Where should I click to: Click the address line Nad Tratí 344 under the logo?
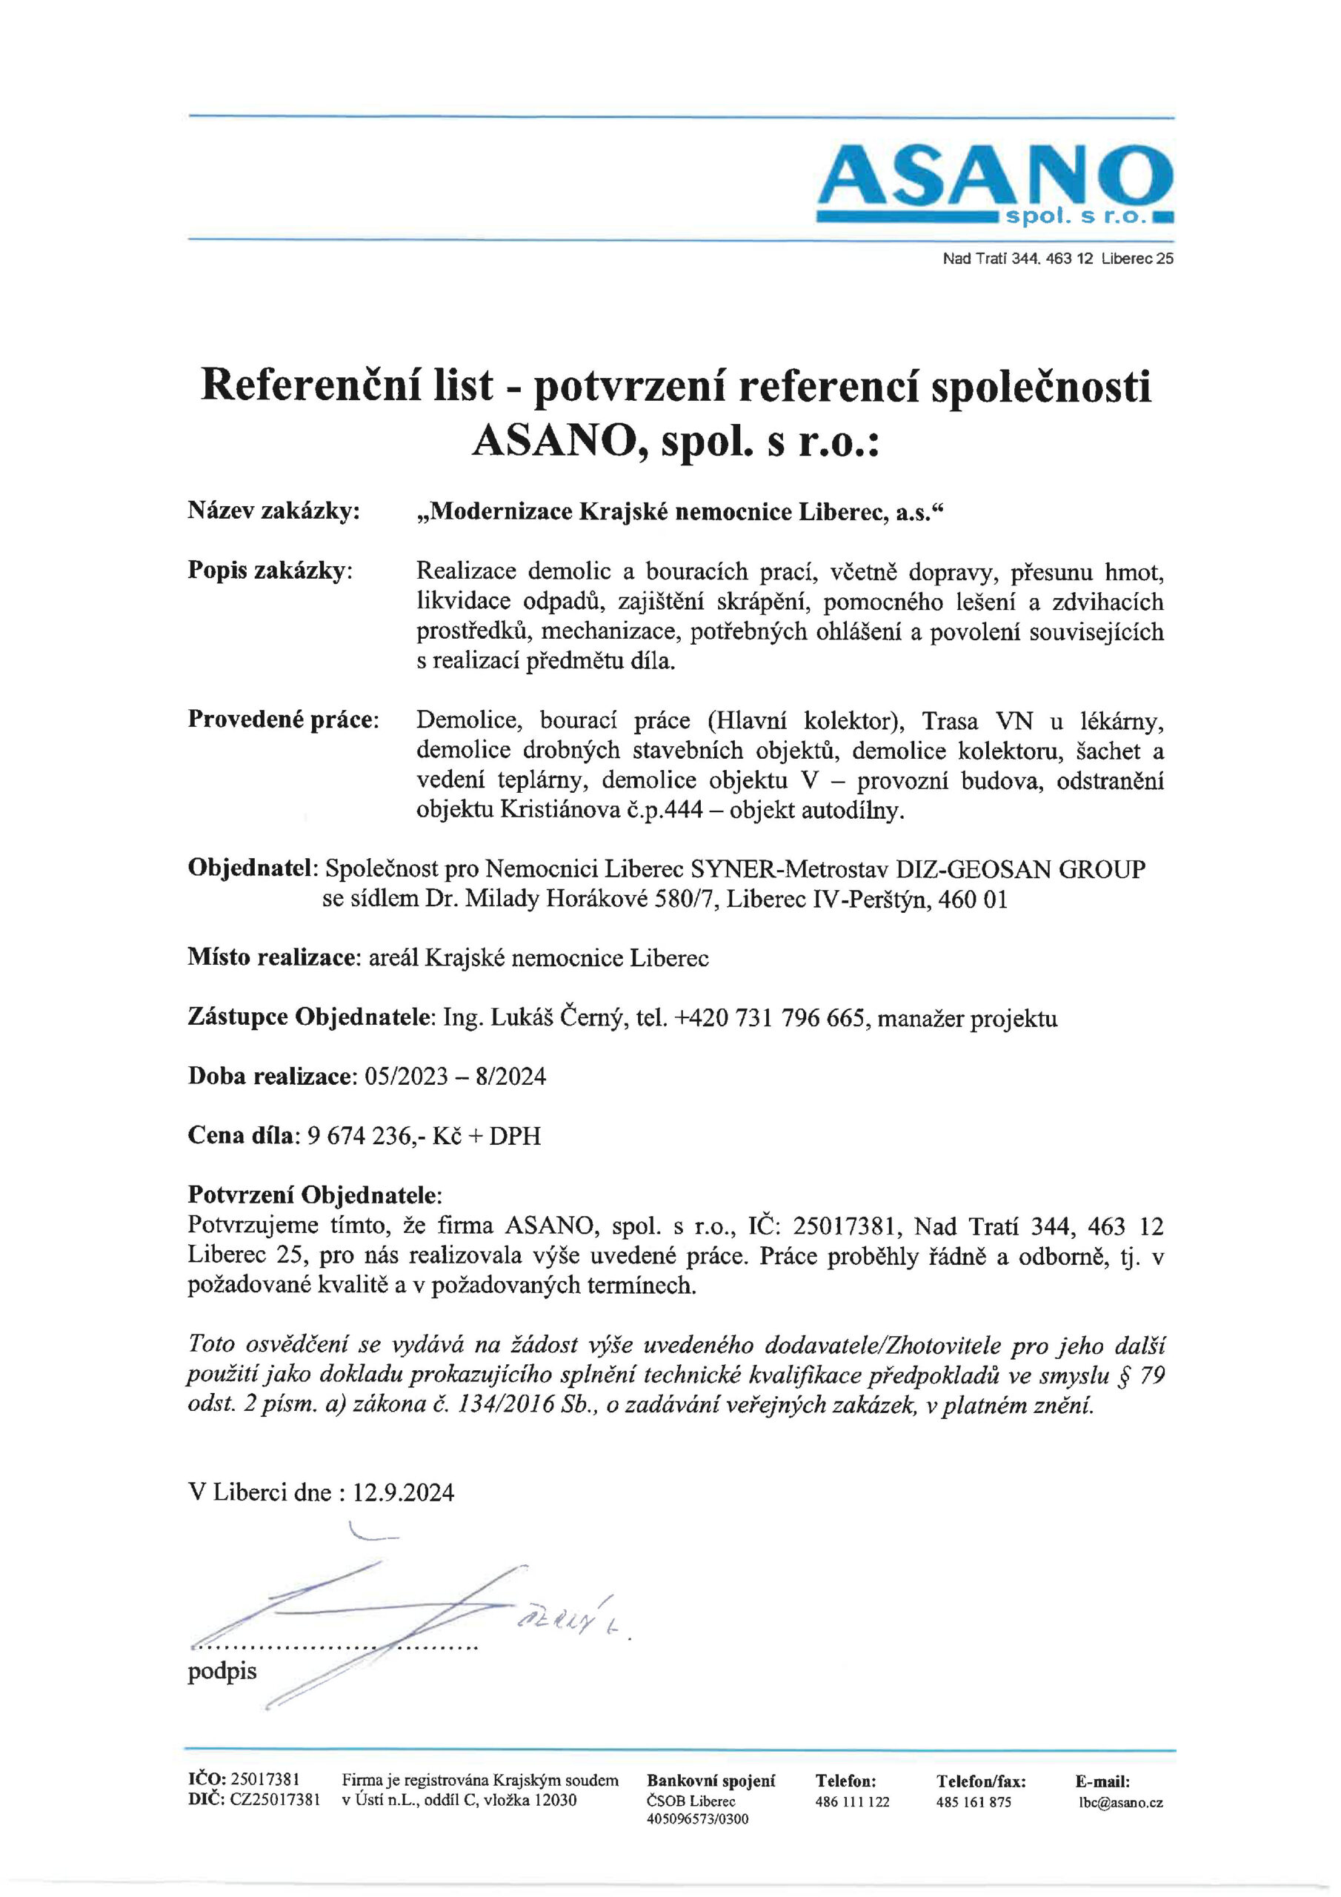point(1057,259)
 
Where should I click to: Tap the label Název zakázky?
point(273,511)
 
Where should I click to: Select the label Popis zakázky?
point(270,571)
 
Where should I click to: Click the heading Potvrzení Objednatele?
point(314,1195)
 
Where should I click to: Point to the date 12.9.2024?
point(404,1492)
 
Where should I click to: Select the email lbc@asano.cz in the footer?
point(1120,1802)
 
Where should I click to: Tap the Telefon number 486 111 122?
point(852,1802)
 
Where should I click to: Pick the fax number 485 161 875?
point(974,1802)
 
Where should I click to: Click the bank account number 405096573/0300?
point(697,1818)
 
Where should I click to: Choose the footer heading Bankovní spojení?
point(711,1781)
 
